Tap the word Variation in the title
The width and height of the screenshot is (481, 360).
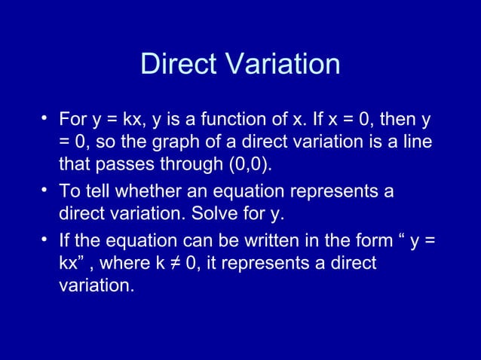280,65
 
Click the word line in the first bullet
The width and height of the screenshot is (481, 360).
418,142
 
